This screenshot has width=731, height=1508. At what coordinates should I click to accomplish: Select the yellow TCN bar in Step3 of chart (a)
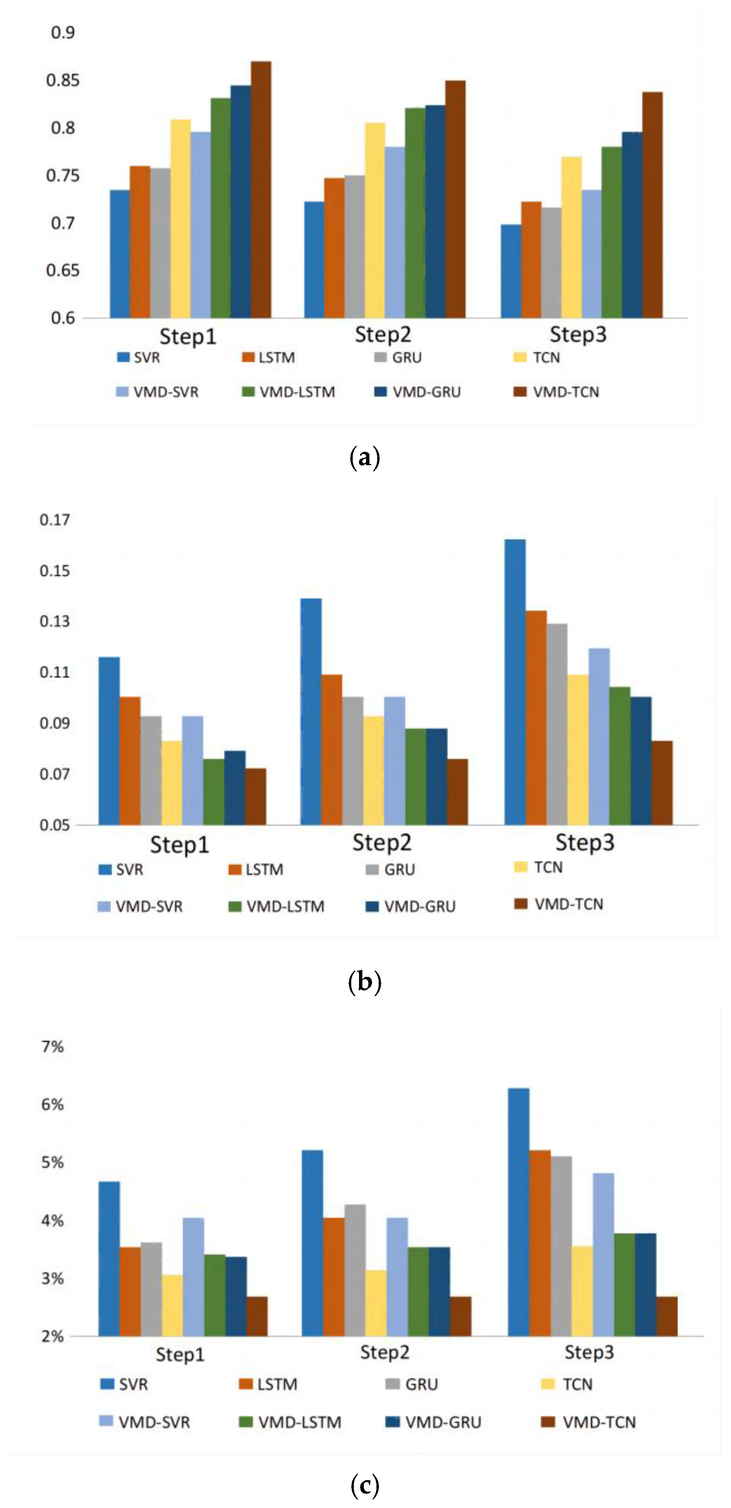click(x=571, y=237)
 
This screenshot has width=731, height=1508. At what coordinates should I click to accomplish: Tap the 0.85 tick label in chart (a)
click(x=63, y=80)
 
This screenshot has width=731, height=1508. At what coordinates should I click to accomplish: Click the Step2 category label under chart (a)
click(x=383, y=335)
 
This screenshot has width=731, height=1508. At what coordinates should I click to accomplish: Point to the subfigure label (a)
click(x=365, y=457)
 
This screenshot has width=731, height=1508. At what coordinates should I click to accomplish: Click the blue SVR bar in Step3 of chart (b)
click(x=515, y=682)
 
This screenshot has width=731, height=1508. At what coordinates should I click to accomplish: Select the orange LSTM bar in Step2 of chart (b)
click(x=331, y=749)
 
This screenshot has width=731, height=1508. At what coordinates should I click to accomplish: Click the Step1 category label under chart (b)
click(x=179, y=845)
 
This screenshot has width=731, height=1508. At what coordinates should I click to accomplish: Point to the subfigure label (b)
click(x=365, y=982)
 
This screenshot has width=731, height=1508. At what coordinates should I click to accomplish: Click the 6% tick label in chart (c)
click(x=52, y=1105)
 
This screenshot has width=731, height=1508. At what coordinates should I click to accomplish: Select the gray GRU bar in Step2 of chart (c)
click(x=355, y=1270)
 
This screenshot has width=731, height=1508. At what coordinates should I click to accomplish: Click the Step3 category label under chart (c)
click(x=589, y=1353)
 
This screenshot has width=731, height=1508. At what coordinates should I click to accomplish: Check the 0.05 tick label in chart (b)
click(x=54, y=825)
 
